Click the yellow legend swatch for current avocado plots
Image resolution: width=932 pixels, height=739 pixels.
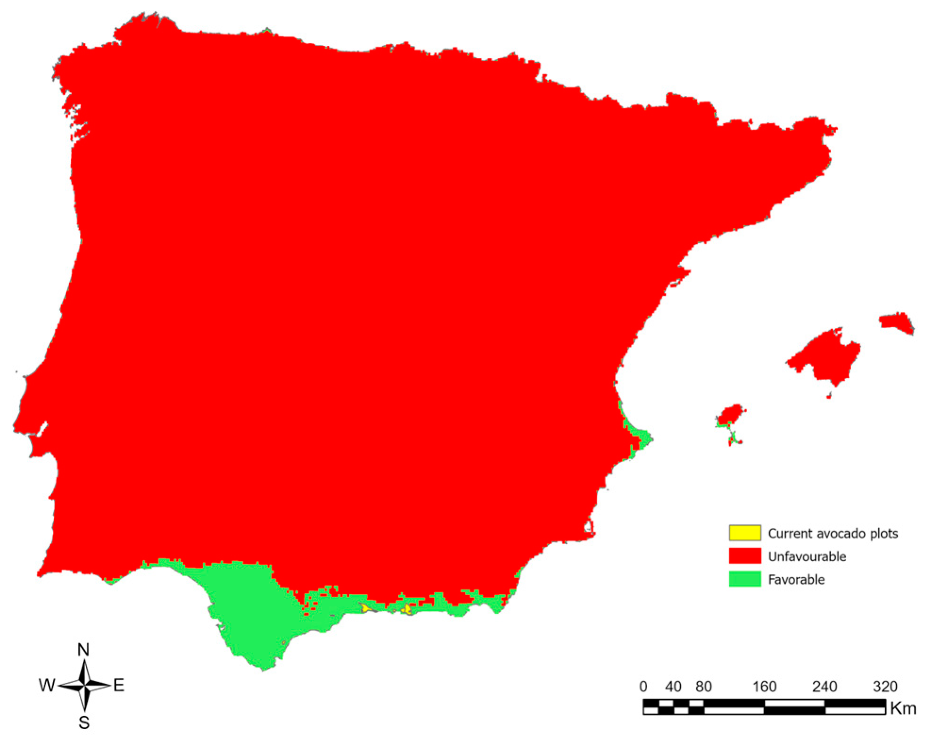pos(744,532)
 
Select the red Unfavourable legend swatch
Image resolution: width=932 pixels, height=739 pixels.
pos(744,556)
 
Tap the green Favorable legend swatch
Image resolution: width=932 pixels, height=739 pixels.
pos(744,579)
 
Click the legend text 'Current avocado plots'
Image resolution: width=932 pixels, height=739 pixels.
pos(833,533)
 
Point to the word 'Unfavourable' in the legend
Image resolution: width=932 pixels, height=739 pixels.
pos(807,556)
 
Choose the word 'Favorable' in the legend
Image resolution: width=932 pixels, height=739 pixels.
pos(796,580)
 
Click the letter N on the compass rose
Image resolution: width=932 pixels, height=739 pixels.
pos(83,650)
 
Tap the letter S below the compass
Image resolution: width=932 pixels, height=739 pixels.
pos(84,722)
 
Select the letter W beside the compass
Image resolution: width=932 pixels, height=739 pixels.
pos(47,685)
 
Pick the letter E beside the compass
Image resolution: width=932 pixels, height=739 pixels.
pos(119,685)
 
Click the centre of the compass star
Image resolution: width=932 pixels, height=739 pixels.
pos(84,685)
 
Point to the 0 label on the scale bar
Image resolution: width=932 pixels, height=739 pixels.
pos(643,686)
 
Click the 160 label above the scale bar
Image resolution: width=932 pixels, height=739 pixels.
pos(764,686)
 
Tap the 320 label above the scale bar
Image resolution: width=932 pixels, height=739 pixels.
pos(885,686)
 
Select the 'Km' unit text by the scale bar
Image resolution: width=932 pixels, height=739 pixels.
pos(903,708)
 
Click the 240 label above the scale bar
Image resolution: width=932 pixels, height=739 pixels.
pos(824,686)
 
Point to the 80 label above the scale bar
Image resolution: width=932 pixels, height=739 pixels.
pos(703,686)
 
